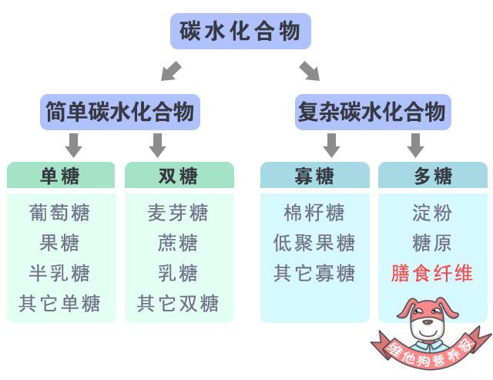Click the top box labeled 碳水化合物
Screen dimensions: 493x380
240,31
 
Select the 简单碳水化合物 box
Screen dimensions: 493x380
120,112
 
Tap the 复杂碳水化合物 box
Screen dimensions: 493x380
373,112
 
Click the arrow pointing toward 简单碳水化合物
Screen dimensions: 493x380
171,71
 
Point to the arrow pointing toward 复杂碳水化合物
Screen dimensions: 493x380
310,71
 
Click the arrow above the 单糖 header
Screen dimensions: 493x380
74,146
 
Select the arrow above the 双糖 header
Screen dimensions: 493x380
157,146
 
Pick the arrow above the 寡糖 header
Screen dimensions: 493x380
331,146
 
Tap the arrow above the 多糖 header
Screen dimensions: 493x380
416,146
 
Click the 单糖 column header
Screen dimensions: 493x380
61,175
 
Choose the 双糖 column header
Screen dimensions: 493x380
179,175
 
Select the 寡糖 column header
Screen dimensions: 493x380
315,175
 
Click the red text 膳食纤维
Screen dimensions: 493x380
432,273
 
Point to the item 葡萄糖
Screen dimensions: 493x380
60,213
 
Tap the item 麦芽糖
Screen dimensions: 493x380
178,213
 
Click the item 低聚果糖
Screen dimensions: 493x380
314,243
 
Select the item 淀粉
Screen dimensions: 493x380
432,213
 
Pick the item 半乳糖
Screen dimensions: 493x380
60,273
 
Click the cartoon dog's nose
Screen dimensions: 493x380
428,321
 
